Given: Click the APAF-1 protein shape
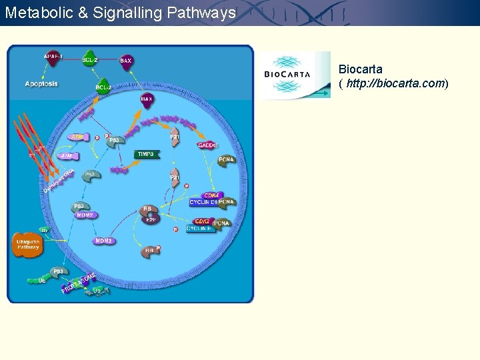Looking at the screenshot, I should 54,58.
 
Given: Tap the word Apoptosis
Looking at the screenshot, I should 41,84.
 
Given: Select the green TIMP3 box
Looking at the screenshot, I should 146,154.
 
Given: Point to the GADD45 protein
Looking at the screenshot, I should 207,145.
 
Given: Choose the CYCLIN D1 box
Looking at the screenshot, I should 203,202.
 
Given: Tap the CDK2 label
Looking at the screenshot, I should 201,221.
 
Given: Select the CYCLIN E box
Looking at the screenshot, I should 200,229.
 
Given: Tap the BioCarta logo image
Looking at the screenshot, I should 295,75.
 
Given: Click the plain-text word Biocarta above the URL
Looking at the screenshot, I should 360,69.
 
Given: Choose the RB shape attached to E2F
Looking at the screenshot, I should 148,209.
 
